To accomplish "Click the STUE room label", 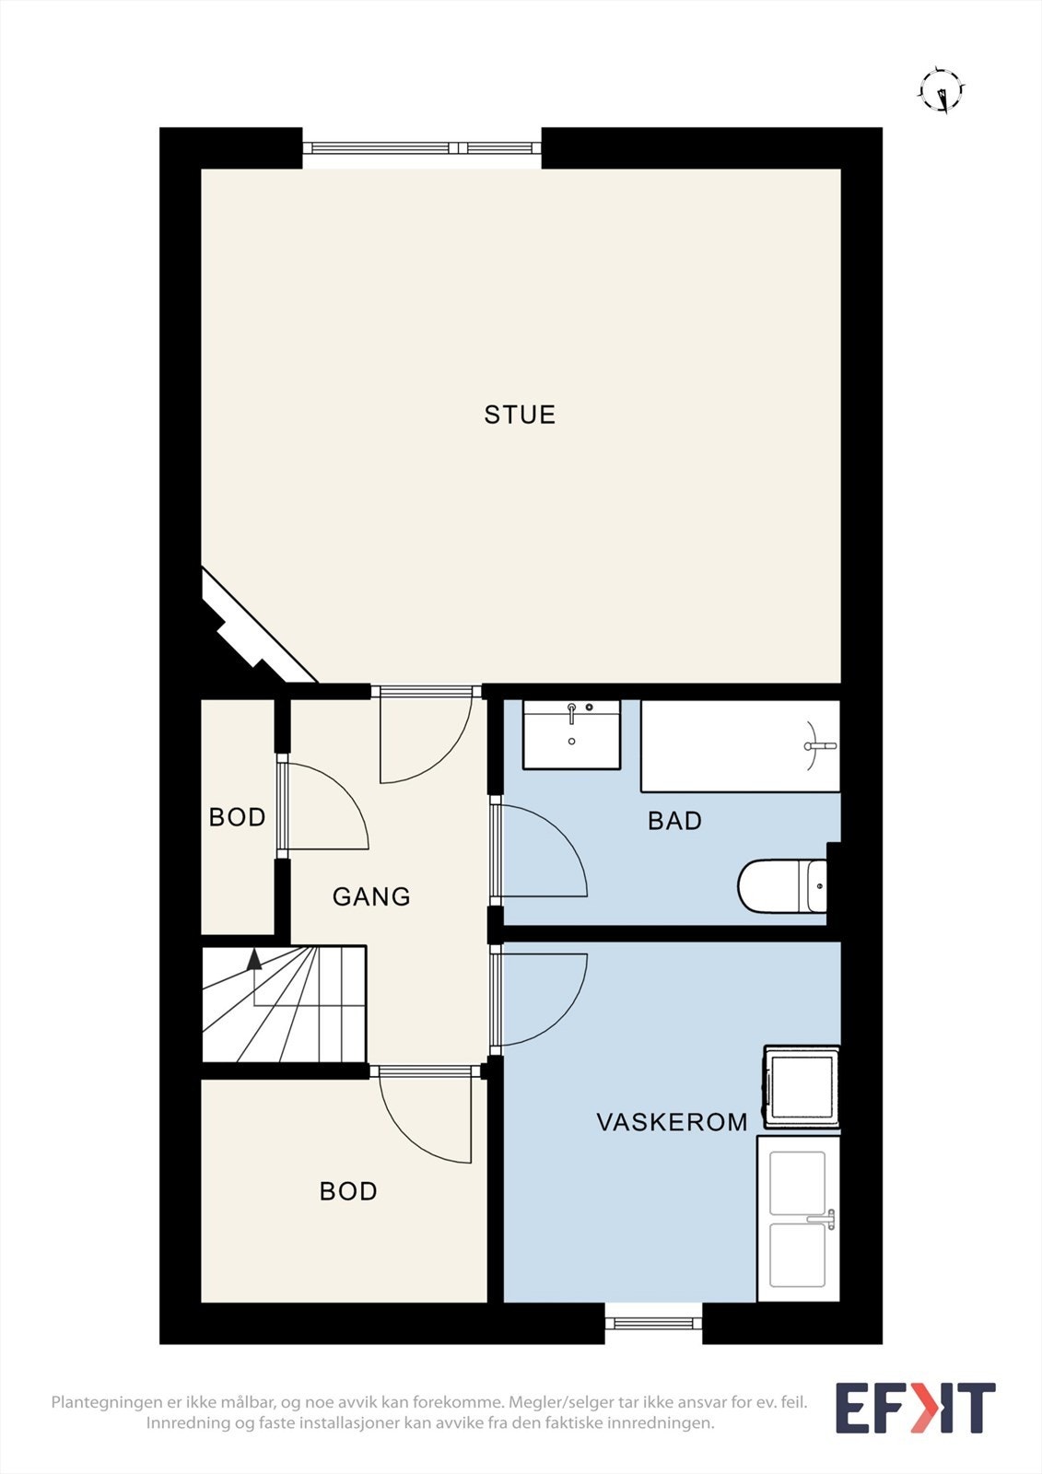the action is click(520, 415).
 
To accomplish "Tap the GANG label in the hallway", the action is click(371, 897).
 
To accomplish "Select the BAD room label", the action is click(674, 821).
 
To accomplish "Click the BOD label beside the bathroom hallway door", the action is click(237, 817).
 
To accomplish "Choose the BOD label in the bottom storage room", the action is click(348, 1191).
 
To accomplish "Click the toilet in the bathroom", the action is click(782, 885).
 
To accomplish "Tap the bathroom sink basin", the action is click(571, 734).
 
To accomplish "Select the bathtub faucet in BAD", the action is click(819, 745).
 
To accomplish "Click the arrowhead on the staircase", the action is click(253, 959).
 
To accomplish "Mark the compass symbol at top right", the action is click(942, 90).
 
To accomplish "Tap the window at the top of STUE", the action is click(422, 148).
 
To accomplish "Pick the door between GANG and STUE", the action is click(427, 734).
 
